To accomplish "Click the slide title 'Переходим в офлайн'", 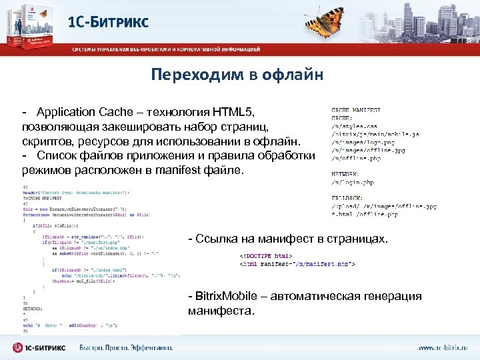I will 237,74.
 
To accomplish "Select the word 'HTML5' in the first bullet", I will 238,111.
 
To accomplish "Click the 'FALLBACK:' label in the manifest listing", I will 348,197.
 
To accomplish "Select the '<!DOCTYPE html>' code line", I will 265,255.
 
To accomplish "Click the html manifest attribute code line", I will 297,264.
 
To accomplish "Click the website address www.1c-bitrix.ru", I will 443,347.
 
